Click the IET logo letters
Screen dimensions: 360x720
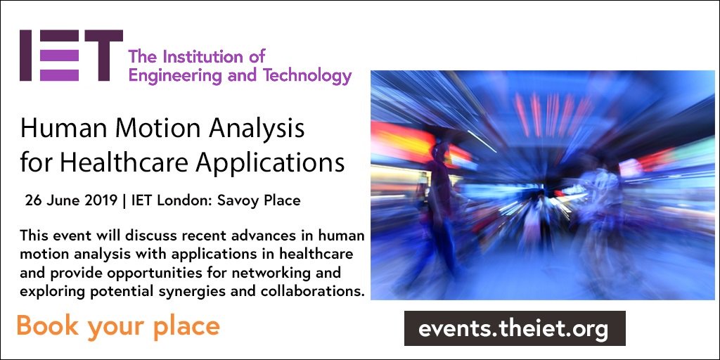tap(71, 56)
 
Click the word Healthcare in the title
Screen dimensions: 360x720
tap(124, 162)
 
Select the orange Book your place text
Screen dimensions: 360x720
tap(118, 327)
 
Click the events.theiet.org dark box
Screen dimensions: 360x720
tap(514, 328)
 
